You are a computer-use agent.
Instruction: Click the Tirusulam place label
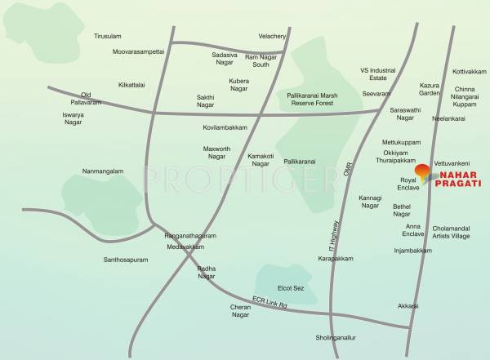tap(107, 37)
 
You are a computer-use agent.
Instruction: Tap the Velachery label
tap(272, 37)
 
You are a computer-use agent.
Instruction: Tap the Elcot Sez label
tap(291, 288)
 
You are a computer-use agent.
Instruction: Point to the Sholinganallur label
tap(336, 337)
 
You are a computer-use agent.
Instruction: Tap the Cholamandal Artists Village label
tap(451, 232)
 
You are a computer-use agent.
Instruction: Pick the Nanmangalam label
tap(103, 171)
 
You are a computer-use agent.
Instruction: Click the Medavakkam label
tap(185, 247)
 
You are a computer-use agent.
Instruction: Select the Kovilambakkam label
tap(225, 128)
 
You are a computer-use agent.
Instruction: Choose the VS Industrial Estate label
tap(377, 73)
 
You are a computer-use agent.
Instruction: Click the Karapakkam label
tap(336, 259)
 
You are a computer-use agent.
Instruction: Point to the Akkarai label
tap(408, 306)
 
